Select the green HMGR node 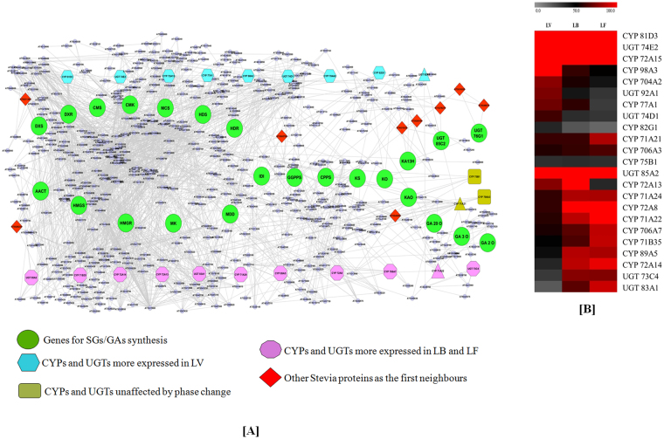[125, 222]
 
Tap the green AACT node [41, 189]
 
